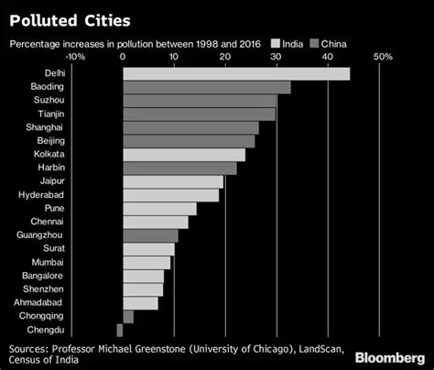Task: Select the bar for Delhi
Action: point(235,74)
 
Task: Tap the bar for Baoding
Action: point(206,88)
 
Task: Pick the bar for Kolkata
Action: point(183,155)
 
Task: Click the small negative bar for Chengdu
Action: point(119,330)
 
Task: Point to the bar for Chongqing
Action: point(127,316)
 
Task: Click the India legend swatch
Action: point(273,43)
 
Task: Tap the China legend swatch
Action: point(314,43)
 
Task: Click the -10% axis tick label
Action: point(76,57)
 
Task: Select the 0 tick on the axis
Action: point(123,57)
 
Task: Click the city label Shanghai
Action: point(47,128)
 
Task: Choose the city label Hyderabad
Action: point(41,195)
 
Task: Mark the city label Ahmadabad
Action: point(39,302)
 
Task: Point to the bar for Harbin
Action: point(179,169)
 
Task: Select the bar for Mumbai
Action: point(146,262)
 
